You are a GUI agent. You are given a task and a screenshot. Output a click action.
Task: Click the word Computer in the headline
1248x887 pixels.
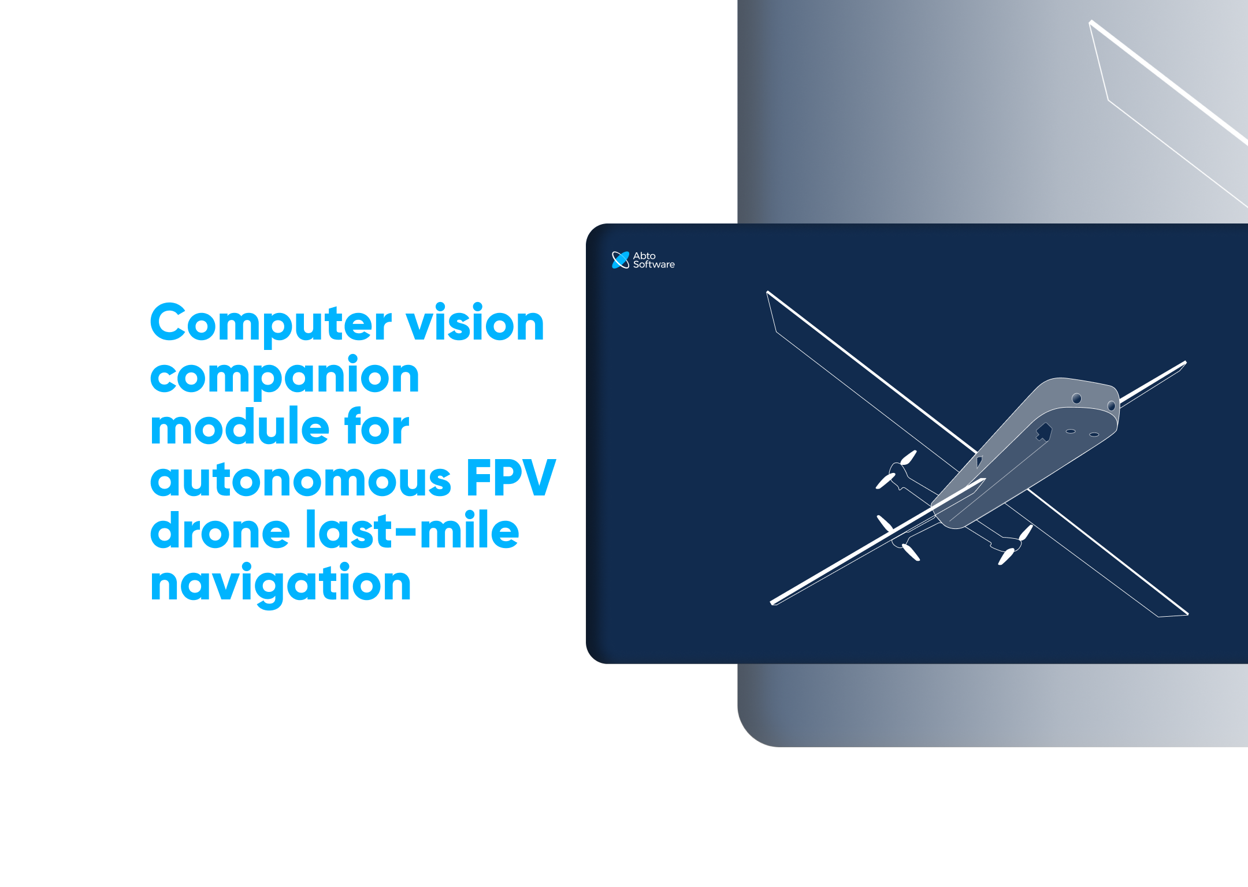tap(270, 323)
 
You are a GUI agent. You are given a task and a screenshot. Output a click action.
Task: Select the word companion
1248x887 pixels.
tap(284, 377)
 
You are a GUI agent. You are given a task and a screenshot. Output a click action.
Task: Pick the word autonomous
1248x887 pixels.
tap(300, 479)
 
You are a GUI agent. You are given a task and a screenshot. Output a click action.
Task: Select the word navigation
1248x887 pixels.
tap(280, 583)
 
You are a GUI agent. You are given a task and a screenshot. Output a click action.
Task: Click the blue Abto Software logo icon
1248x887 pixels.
tap(620, 260)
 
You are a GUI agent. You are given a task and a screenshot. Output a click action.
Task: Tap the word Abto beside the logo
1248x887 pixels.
tap(644, 255)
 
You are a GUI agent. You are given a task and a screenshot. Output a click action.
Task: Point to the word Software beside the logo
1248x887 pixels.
tap(653, 264)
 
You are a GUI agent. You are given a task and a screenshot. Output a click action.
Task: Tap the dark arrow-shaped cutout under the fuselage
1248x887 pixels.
tap(1043, 431)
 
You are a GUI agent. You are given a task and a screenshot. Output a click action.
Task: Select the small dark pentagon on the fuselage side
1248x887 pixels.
tap(979, 461)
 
